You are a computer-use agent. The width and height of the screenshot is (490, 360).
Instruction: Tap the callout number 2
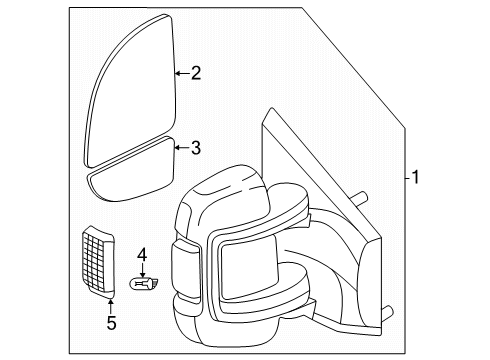[x=195, y=71]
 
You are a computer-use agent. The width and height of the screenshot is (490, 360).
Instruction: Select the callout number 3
[x=195, y=148]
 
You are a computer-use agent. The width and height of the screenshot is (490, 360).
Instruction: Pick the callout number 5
[x=111, y=323]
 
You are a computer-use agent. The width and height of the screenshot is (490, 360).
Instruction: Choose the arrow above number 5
[x=111, y=305]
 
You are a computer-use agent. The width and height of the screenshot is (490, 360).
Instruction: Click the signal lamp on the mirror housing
[x=186, y=271]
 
